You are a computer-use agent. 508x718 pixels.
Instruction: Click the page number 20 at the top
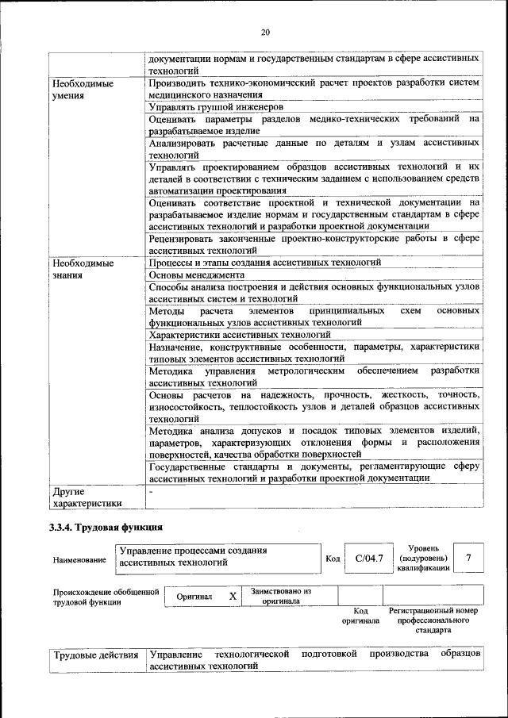coord(265,32)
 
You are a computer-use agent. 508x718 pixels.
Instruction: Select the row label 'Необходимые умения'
coord(82,89)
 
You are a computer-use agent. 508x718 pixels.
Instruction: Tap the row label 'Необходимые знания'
coord(82,268)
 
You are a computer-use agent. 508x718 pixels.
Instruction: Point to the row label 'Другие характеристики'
coord(87,497)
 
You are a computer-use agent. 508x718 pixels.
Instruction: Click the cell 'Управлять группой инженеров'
coord(216,106)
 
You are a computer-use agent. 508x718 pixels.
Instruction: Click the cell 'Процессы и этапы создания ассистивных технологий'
coord(265,262)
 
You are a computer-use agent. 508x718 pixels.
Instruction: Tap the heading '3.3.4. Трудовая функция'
coord(106,528)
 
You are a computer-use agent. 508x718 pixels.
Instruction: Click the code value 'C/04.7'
coord(369,559)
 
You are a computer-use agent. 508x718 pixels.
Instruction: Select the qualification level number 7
coord(468,558)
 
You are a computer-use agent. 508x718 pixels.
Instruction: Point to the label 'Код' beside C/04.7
coord(333,559)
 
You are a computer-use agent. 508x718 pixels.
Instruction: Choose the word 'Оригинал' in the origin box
coord(194,597)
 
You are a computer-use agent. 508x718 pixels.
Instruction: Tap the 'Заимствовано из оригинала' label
coord(281,596)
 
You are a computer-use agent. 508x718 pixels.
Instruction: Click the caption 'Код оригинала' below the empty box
coord(360,616)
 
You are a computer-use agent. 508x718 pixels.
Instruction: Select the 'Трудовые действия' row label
coord(95,655)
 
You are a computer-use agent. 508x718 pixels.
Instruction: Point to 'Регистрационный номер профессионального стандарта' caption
coord(433,620)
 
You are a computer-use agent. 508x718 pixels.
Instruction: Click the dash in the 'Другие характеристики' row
coord(152,492)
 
